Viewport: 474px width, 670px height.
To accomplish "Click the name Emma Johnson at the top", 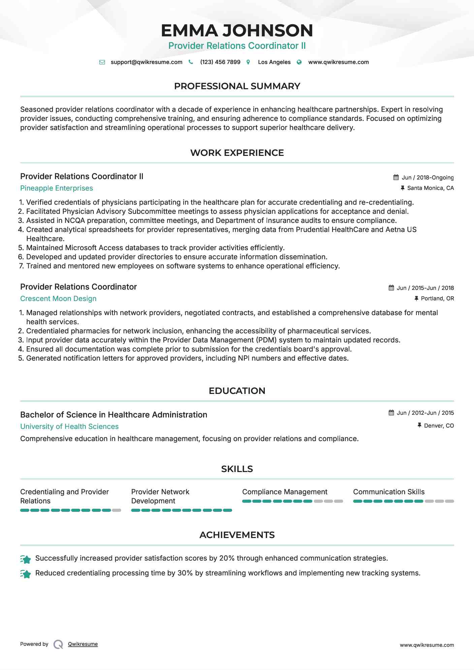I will click(237, 31).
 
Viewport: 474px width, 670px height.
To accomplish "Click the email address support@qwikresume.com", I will click(146, 62).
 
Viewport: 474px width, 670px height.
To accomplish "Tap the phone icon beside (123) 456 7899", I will click(191, 62).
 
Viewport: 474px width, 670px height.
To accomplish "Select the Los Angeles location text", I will click(274, 62).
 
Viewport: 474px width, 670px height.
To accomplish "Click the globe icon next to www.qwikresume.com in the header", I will click(299, 62).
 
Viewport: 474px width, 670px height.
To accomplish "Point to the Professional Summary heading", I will click(237, 86).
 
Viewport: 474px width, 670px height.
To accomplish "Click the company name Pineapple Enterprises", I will click(57, 188).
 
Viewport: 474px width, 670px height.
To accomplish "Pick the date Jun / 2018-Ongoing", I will click(428, 177).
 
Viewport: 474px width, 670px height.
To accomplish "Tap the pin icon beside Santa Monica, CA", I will click(402, 188).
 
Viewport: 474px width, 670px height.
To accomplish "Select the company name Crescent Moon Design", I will click(58, 299).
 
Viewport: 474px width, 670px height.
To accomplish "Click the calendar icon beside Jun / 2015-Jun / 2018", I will click(391, 288).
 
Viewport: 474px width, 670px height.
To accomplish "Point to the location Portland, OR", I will click(437, 298).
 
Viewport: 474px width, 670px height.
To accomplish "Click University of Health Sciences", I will click(69, 427).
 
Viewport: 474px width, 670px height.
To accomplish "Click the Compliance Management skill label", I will click(285, 492).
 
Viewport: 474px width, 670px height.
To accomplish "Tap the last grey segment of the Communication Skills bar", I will click(449, 501).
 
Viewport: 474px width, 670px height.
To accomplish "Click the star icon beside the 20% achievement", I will click(26, 559).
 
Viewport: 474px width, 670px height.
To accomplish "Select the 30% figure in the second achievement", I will click(185, 573).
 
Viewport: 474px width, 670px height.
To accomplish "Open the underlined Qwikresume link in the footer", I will click(83, 644).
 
